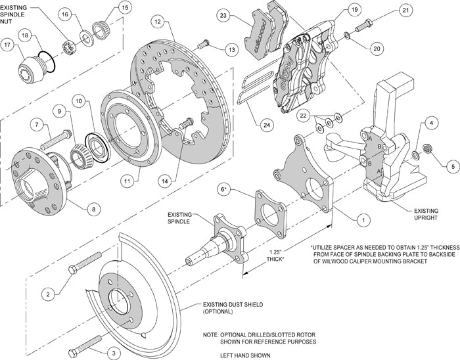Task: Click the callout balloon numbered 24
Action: coord(264,124)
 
